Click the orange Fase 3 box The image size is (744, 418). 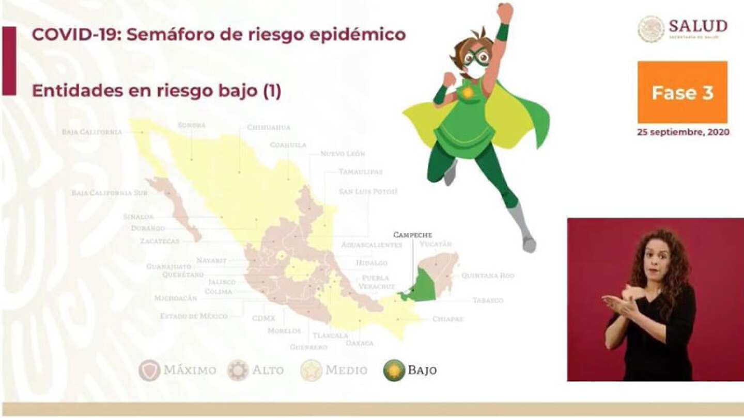coord(682,92)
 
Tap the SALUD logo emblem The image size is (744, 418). coord(651,29)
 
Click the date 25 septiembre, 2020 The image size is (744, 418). coord(683,132)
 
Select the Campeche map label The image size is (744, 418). coord(412,235)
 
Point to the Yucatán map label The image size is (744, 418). coord(436,244)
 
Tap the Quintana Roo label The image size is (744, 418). coord(487,276)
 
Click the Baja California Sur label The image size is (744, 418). coord(110,193)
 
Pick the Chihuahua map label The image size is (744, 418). coord(268,127)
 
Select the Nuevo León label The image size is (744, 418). coord(343,154)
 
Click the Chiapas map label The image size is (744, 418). coord(447,319)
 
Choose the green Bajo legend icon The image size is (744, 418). coord(394,370)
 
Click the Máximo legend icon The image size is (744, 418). coord(149,370)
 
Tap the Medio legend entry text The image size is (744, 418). coord(347,370)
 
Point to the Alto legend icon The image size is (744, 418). coord(238,370)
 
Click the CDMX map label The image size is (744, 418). coord(263,318)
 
